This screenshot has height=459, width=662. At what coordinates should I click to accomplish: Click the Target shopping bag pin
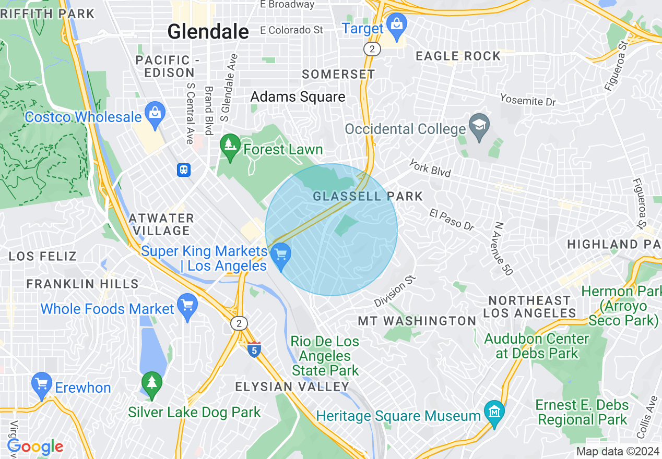point(397,25)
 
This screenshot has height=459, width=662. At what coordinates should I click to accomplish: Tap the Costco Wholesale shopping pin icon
point(155,114)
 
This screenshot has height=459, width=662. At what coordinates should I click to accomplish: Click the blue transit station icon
point(184,170)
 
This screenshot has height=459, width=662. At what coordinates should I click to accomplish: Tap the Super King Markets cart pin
point(281,256)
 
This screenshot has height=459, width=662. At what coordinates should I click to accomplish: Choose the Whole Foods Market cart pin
point(187,306)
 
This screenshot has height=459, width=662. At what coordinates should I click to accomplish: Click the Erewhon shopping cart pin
point(41,385)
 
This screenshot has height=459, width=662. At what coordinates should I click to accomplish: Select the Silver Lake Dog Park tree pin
point(151,384)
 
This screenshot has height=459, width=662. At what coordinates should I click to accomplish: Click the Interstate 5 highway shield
point(254,349)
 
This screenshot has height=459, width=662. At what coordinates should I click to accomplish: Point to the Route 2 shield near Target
point(372,49)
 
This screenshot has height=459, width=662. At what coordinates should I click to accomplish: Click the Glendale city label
point(208,32)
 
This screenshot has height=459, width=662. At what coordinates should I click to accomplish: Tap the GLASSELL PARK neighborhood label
point(368,196)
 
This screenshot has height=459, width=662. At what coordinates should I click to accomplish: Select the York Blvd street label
point(430,168)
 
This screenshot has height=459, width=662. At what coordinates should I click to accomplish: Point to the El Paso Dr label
point(452,220)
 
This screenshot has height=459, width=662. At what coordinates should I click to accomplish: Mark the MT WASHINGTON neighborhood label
point(417,321)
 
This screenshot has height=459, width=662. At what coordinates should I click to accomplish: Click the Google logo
point(35,446)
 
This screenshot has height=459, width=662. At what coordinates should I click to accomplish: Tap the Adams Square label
point(298,96)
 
